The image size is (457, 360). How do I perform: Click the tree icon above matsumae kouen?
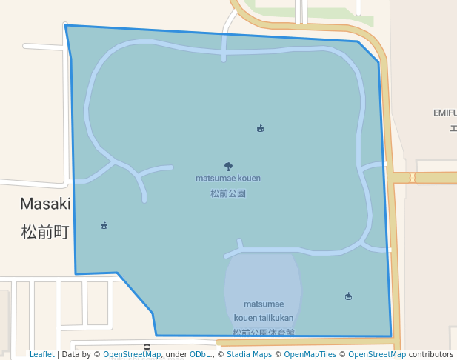228,167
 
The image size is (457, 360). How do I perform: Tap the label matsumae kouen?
228,179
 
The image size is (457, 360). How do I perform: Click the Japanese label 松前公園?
228,193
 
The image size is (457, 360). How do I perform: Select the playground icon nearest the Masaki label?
104,225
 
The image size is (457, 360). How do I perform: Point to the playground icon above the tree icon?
260,128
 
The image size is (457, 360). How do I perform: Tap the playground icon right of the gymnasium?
348,296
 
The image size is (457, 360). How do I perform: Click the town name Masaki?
45,204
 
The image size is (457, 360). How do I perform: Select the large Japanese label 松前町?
45,232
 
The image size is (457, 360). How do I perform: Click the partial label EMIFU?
444,113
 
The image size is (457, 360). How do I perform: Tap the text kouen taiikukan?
264,318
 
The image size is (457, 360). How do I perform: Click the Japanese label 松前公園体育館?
264,333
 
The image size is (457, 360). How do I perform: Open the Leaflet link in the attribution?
41,355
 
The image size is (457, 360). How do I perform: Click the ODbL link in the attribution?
200,355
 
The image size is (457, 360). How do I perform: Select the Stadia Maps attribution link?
249,355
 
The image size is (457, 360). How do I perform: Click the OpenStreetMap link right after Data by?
132,355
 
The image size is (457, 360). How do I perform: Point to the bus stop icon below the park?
147,347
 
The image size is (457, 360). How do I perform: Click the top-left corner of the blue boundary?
66,25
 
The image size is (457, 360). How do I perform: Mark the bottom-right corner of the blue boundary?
391,336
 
